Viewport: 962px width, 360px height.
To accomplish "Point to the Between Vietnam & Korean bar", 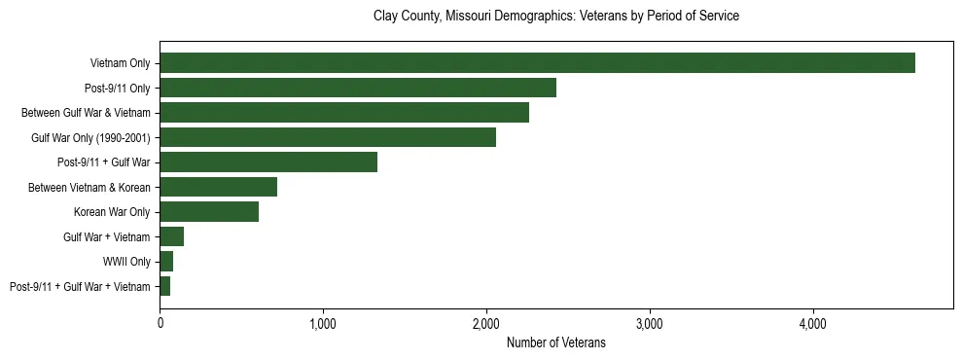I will (x=219, y=187).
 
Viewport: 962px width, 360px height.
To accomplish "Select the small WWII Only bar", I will (x=166, y=262).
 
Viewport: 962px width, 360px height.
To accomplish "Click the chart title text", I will (x=556, y=17).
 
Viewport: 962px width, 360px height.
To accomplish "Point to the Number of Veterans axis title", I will (x=556, y=342).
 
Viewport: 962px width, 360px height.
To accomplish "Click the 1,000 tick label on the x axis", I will (x=323, y=324).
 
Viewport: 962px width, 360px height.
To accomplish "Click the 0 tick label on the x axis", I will (x=160, y=324).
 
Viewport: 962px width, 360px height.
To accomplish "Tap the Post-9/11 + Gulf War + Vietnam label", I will (x=80, y=286).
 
